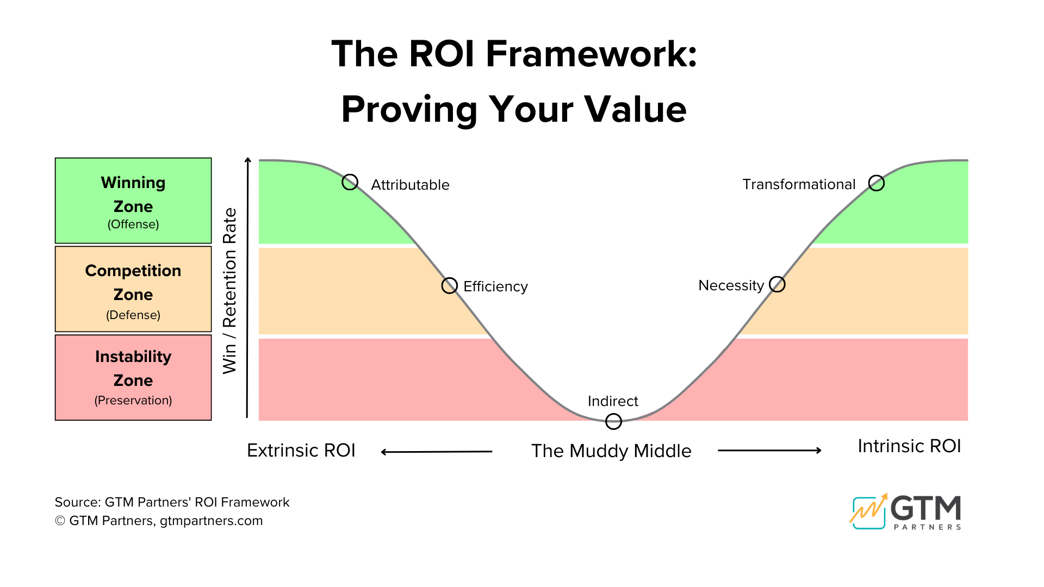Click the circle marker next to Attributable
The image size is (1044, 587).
[350, 182]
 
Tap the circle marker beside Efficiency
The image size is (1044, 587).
[450, 285]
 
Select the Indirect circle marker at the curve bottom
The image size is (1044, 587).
[613, 421]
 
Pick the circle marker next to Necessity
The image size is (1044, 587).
[778, 284]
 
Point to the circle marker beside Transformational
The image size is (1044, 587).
[877, 183]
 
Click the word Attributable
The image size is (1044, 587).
[410, 185]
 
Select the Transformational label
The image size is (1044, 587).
[799, 184]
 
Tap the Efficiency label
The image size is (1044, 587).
[495, 286]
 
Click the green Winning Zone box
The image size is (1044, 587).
[133, 201]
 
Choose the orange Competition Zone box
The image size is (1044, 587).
[133, 289]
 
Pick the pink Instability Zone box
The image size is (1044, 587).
[133, 377]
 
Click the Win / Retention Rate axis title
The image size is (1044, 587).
[230, 291]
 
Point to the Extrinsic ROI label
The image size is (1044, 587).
[301, 451]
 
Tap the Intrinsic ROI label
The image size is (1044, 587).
[909, 446]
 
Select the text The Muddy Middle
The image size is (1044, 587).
[611, 451]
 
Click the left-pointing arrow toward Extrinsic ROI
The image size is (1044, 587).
[437, 452]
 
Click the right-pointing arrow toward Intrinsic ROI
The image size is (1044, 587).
[769, 450]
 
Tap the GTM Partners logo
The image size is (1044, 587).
[906, 512]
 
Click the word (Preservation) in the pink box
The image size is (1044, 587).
[133, 401]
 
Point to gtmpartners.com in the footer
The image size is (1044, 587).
[211, 521]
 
